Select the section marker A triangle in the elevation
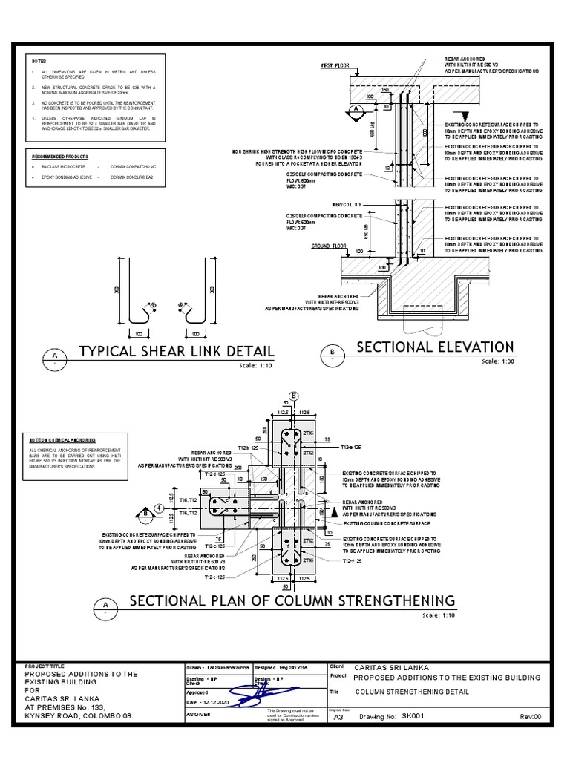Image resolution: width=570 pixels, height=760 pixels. coord(354,109)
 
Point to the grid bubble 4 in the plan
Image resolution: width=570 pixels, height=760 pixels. coord(160,508)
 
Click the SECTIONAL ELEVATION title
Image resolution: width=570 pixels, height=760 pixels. coord(435,347)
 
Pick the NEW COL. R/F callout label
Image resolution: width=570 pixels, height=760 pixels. coord(347,203)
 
